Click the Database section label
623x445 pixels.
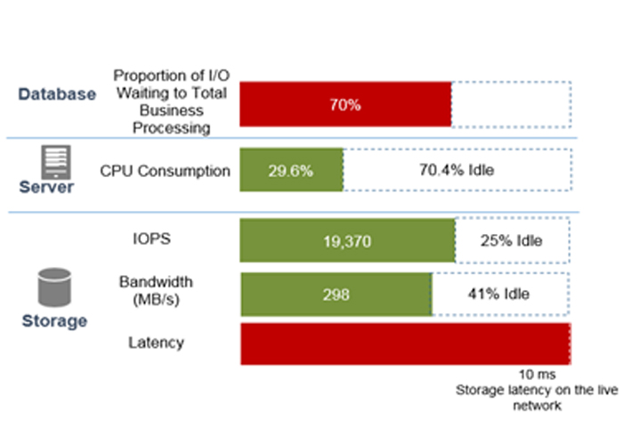pyautogui.click(x=57, y=93)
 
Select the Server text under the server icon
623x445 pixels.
pyautogui.click(x=48, y=188)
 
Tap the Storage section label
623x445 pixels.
pyautogui.click(x=55, y=320)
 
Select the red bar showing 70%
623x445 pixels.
pyautogui.click(x=345, y=105)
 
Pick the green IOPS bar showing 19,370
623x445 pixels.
pyautogui.click(x=347, y=240)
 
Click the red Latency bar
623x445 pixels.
pyautogui.click(x=405, y=344)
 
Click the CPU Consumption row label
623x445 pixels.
pyautogui.click(x=166, y=172)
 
